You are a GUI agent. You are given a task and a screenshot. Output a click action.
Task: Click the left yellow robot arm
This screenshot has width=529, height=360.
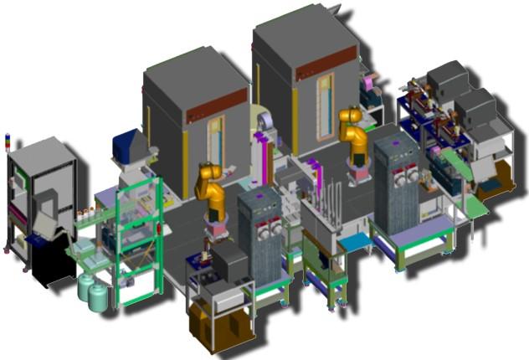(x=211, y=188)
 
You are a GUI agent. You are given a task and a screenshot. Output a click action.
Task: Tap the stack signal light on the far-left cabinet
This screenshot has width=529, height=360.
(x=8, y=141)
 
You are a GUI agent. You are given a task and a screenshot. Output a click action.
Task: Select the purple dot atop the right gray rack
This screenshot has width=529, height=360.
(x=396, y=141)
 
